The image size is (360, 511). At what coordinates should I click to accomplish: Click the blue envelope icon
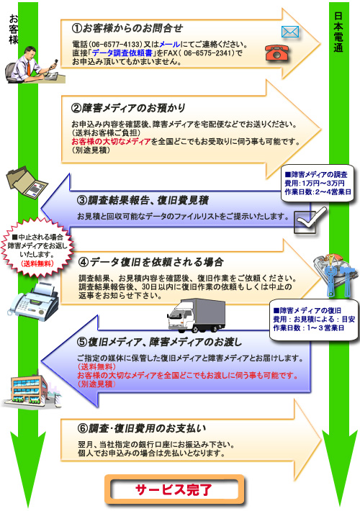pos(290,32)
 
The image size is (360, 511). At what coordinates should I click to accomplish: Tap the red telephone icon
pos(277,53)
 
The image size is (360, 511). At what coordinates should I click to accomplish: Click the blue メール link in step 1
pos(170,45)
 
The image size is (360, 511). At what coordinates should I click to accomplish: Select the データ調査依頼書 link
pos(122,53)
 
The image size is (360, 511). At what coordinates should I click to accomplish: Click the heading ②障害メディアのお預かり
pos(128,107)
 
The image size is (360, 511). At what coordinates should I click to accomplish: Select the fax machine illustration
pos(33,302)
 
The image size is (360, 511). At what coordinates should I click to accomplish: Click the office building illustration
pos(31,390)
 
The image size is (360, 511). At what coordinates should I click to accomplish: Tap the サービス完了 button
pos(174,489)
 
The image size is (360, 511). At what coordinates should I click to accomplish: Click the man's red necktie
pos(29,68)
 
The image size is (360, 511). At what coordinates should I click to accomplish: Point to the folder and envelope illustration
pos(27,181)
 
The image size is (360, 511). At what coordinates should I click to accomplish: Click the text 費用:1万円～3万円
pos(315,183)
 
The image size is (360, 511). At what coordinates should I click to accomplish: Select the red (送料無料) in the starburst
pos(37,264)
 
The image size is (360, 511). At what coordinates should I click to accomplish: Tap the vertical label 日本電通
pos(338,32)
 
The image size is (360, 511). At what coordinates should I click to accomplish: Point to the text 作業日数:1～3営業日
pos(308,328)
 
